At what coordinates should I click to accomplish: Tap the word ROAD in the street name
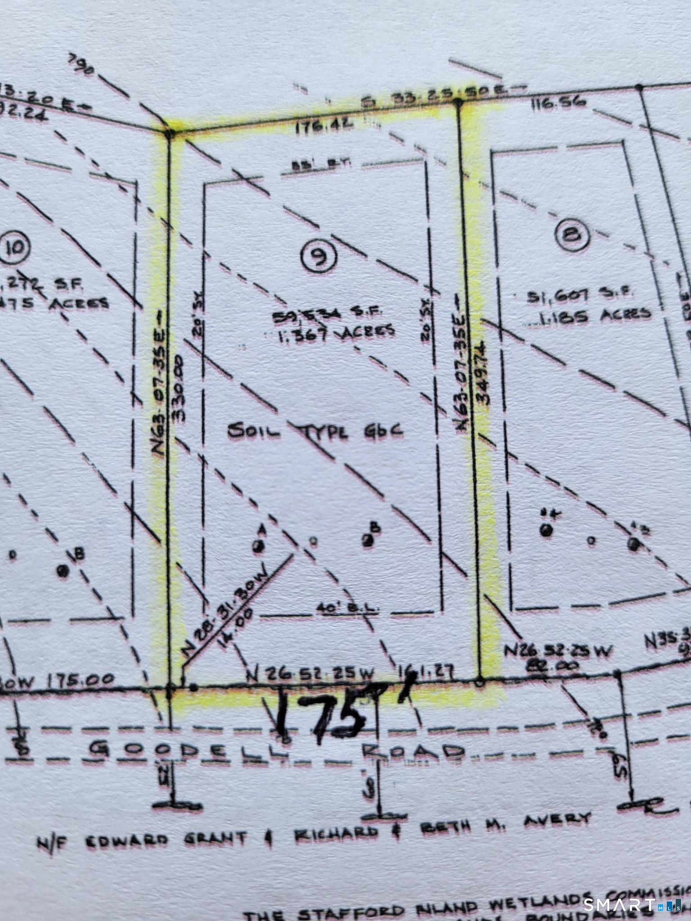[413, 752]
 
